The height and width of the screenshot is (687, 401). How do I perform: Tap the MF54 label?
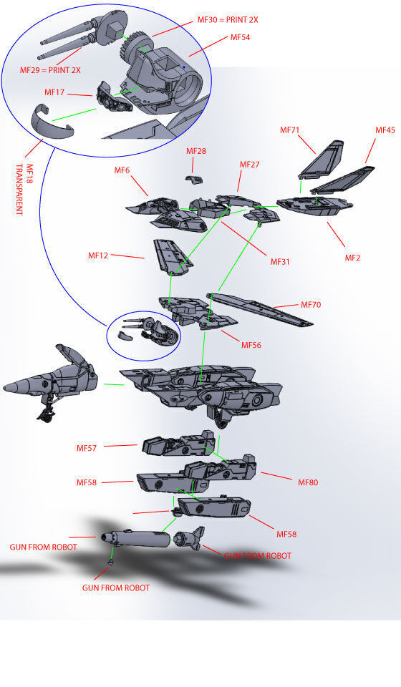(x=241, y=36)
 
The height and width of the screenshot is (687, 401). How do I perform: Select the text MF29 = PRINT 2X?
(x=49, y=70)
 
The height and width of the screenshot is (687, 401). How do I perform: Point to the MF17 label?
(x=55, y=92)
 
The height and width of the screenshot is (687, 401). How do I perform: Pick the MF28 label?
(x=196, y=151)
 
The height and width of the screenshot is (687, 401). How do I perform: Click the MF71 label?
(x=290, y=130)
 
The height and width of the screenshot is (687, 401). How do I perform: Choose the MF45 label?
(x=385, y=130)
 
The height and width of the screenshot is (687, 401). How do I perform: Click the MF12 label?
(x=99, y=255)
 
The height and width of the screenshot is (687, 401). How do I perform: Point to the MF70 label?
(x=311, y=305)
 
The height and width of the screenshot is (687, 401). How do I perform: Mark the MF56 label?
(x=251, y=345)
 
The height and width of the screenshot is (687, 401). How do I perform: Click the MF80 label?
(x=308, y=482)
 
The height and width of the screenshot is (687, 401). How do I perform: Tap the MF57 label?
(x=87, y=448)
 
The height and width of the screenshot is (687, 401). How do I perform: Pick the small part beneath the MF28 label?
(x=194, y=177)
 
